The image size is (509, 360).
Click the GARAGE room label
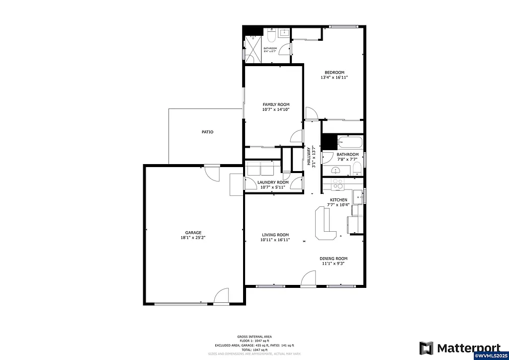click(193, 233)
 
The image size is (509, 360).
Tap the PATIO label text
click(207, 132)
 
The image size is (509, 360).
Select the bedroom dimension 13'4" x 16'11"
click(334, 78)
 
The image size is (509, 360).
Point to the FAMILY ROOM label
click(276, 104)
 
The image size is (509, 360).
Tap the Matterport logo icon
click(426, 348)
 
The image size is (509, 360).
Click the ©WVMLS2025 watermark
click(491, 356)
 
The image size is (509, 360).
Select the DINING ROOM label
click(333, 259)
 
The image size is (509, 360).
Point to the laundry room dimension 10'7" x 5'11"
click(273, 187)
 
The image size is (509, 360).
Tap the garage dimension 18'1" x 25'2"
click(193, 238)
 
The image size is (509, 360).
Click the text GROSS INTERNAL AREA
click(254, 337)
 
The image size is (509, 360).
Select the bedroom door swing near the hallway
click(312, 114)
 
